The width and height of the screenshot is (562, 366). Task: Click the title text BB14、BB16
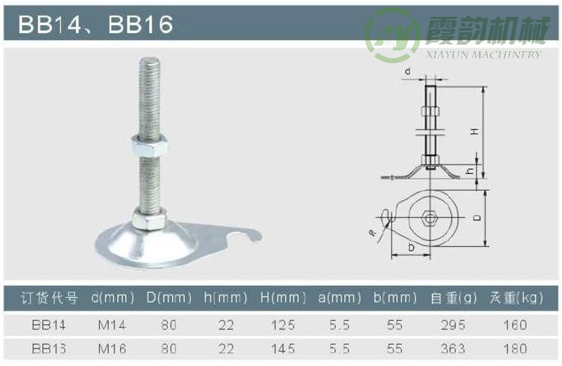click(96, 25)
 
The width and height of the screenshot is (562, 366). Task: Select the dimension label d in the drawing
click(408, 72)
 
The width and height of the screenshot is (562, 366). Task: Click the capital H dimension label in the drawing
click(474, 131)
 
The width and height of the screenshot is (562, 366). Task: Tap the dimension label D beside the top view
click(477, 218)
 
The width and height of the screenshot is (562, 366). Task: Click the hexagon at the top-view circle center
click(429, 219)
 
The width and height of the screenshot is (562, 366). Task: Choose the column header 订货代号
click(49, 298)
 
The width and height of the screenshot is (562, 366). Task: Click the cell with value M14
click(112, 325)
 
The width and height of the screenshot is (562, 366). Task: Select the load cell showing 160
click(516, 325)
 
